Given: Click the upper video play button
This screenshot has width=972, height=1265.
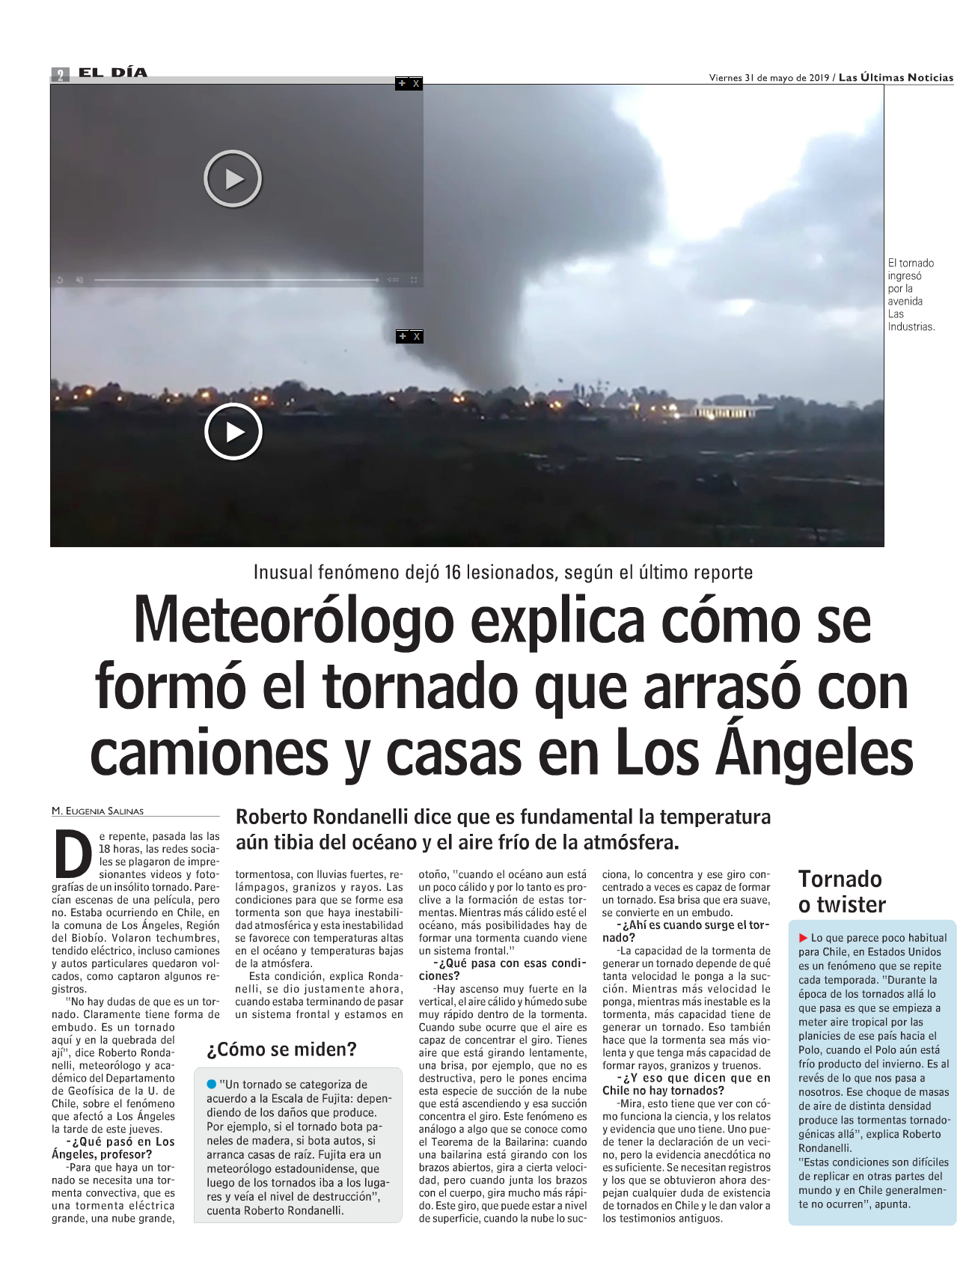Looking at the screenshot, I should tap(233, 179).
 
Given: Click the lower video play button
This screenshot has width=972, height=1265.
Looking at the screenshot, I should tap(233, 432).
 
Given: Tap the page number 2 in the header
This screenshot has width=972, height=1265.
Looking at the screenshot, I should tap(60, 74).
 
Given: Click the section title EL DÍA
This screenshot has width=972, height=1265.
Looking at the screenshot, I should tap(113, 73).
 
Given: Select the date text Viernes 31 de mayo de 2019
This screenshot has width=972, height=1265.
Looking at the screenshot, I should tap(768, 77).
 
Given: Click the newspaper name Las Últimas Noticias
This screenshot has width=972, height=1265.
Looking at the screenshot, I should tap(896, 77).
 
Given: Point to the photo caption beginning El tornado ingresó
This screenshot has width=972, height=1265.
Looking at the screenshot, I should tap(911, 294).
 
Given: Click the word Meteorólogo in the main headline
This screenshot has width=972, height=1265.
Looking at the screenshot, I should tap(294, 621).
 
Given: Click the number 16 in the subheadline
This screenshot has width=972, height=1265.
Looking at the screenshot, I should tap(452, 573).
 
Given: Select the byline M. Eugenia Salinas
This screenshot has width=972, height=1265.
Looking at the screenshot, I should tap(98, 811).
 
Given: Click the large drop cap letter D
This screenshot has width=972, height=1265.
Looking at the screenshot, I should tap(73, 854).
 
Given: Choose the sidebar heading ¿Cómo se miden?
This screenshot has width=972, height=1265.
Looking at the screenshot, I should tap(281, 1049).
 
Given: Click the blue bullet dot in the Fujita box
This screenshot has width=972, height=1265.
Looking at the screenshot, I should tap(212, 1084).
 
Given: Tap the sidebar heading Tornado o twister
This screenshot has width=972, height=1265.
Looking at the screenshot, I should tap(841, 891).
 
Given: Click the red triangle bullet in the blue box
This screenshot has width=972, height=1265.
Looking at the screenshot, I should tap(804, 938).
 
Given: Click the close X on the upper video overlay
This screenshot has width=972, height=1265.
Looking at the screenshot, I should tap(416, 84).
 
